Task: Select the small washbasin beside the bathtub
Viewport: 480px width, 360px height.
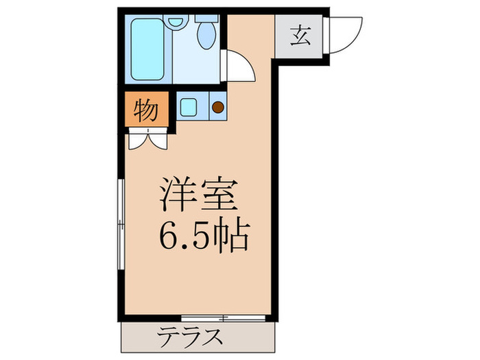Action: (177, 23)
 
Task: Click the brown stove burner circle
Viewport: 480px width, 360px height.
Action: (217, 107)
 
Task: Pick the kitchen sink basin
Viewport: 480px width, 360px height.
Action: (189, 107)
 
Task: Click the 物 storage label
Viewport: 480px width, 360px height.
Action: (145, 110)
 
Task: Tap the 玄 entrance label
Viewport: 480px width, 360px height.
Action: (300, 34)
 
